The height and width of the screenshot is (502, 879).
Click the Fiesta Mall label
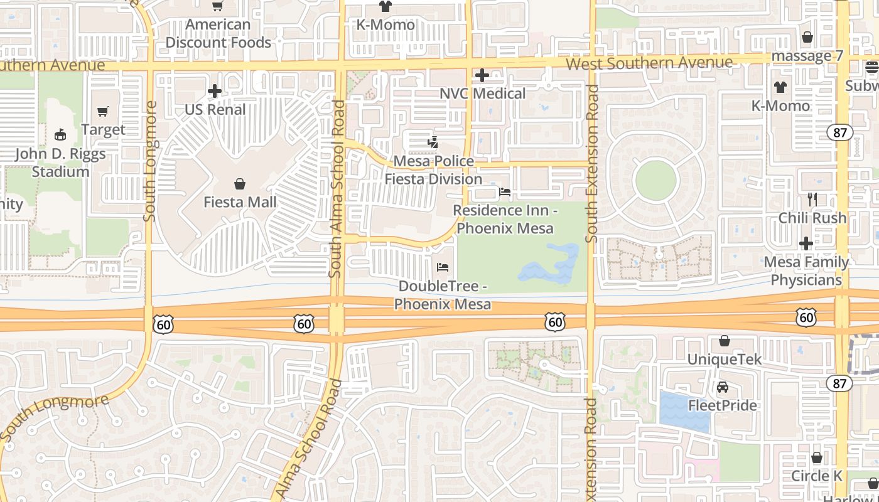[240, 202]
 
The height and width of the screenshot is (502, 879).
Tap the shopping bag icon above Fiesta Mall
[240, 184]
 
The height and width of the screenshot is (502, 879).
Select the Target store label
[103, 130]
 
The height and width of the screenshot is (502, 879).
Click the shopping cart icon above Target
[103, 112]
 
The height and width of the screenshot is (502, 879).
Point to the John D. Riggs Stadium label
[60, 163]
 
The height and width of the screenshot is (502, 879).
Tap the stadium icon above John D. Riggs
[60, 135]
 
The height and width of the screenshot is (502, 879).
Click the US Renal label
[215, 109]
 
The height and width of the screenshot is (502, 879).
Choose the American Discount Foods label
[218, 33]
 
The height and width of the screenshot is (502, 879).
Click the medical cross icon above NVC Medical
[482, 75]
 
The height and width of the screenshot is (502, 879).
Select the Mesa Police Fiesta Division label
[433, 170]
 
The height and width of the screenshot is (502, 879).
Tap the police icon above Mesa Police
[433, 142]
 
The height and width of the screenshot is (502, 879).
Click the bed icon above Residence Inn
[504, 192]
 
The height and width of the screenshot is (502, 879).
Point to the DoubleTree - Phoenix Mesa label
[443, 295]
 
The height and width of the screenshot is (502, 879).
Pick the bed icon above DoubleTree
[443, 267]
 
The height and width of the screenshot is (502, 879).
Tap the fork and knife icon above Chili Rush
[812, 200]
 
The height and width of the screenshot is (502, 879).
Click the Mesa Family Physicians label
[806, 270]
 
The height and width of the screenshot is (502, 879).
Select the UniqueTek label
[724, 360]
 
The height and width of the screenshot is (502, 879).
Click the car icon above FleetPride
[723, 387]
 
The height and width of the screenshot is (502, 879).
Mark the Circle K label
[816, 476]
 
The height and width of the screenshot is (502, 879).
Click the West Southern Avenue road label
[649, 63]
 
